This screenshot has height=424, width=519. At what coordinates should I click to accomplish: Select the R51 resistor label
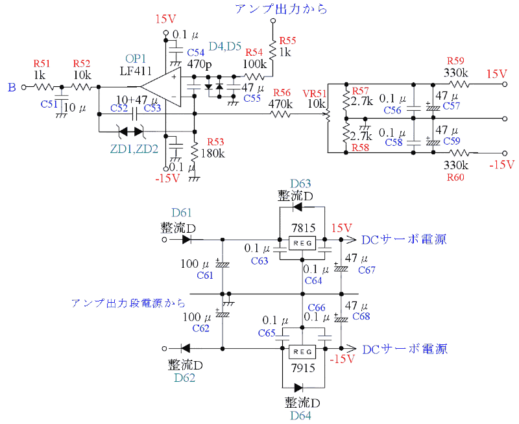coord(42,63)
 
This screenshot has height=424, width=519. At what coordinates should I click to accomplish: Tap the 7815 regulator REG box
coord(303,244)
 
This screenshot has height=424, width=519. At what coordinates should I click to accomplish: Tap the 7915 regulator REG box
coord(303,351)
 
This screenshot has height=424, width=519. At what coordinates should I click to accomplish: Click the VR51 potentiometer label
coord(315,93)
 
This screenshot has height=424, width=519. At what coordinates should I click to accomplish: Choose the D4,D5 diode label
coord(225,47)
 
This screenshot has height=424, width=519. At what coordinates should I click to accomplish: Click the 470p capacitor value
coord(200,65)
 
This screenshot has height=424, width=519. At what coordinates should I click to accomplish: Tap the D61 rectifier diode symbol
coord(187,239)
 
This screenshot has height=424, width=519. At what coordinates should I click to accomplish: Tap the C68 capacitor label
coord(361,316)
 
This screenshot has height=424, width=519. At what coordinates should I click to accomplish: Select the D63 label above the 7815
coord(300,183)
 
